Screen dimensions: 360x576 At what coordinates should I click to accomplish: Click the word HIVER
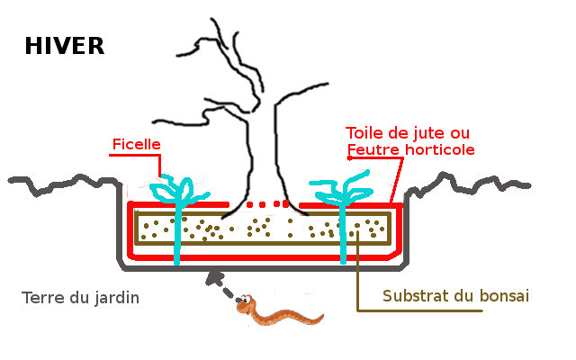point(65,46)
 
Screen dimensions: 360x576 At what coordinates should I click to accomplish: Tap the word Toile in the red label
point(364,133)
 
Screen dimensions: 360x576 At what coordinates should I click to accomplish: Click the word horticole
point(437,148)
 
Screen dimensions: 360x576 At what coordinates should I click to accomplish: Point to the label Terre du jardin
point(81,297)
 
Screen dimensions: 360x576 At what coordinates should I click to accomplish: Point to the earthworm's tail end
point(319,316)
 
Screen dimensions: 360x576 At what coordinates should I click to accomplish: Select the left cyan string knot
point(175,192)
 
